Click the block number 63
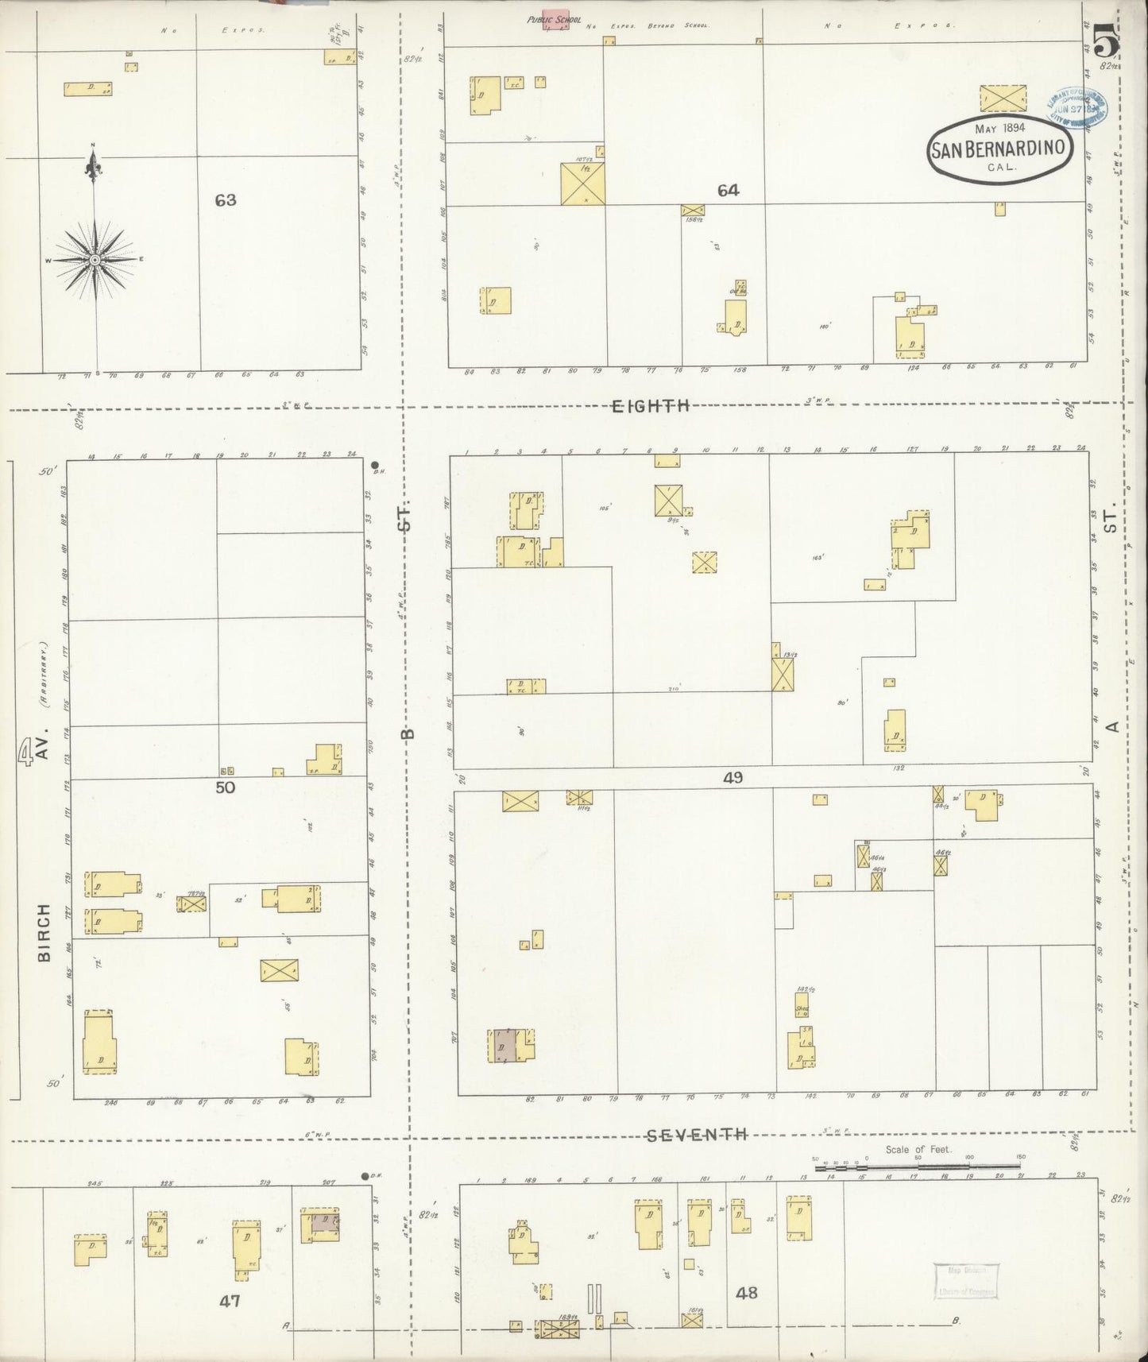click(x=226, y=200)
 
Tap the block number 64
click(x=728, y=191)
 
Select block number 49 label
click(x=732, y=778)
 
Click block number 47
click(x=230, y=1301)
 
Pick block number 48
click(x=746, y=1293)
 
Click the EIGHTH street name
click(x=650, y=406)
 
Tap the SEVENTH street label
click(x=697, y=1135)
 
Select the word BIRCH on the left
click(x=44, y=932)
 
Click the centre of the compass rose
click(x=95, y=260)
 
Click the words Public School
click(x=554, y=18)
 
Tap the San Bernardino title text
click(x=999, y=149)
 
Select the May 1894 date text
click(x=999, y=128)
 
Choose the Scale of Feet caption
click(x=918, y=1149)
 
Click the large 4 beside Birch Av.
click(x=26, y=750)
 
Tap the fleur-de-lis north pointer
click(x=94, y=166)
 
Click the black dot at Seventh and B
click(x=365, y=1176)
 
